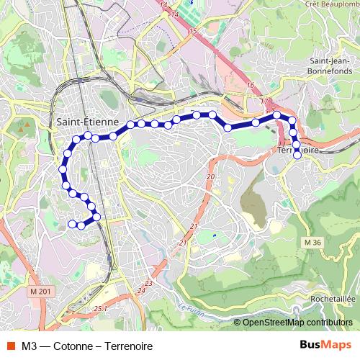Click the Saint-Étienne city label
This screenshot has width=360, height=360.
tap(87, 122)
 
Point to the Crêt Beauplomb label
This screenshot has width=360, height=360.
tap(331, 4)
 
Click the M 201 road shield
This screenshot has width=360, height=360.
tap(42, 291)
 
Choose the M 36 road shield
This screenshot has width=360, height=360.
tap(312, 242)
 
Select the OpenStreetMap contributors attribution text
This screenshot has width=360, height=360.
tap(297, 323)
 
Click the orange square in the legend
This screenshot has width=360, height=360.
tap(11, 346)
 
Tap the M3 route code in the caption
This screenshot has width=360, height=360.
tap(30, 346)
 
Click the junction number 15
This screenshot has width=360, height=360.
tap(193, 31)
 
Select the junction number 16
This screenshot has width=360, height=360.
tap(251, 86)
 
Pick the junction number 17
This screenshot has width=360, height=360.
tap(264, 101)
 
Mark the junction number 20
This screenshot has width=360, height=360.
tap(210, 176)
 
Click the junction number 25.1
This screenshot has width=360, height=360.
tap(100, 308)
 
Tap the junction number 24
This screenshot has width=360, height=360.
tap(140, 292)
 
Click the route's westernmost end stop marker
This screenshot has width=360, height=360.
tap(71, 224)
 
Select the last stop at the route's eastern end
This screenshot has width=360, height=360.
tap(297, 156)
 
